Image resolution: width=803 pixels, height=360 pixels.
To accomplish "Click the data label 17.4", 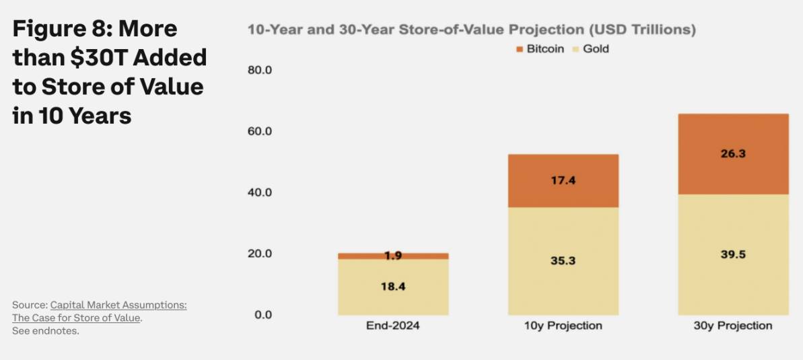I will pyautogui.click(x=563, y=180).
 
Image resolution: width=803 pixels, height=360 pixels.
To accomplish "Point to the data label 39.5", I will pyautogui.click(x=732, y=254).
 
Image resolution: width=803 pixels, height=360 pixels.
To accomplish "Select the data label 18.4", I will pyautogui.click(x=393, y=286).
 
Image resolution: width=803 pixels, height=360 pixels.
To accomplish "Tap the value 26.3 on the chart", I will pyautogui.click(x=732, y=153).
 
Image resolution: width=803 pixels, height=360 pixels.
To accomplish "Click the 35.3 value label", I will pyautogui.click(x=563, y=260).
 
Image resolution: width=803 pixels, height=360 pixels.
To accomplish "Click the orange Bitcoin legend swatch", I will pyautogui.click(x=520, y=49).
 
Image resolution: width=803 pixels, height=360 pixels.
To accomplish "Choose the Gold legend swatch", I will pyautogui.click(x=575, y=49).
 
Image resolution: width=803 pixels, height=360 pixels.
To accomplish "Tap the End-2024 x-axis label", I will pyautogui.click(x=393, y=326).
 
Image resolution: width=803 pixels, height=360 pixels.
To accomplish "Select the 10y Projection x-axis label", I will pyautogui.click(x=563, y=326).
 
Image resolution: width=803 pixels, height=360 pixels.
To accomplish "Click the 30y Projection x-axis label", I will pyautogui.click(x=732, y=326).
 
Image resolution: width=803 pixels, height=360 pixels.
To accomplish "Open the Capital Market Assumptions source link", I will pyautogui.click(x=118, y=305).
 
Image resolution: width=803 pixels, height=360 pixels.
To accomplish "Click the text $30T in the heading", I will pyautogui.click(x=102, y=58).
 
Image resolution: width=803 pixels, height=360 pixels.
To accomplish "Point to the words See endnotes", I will pyautogui.click(x=46, y=331).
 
